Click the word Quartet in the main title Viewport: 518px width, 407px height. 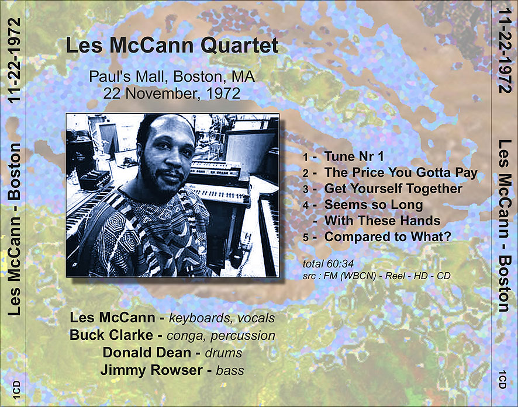(240, 46)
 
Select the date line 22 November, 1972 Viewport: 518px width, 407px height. (172, 93)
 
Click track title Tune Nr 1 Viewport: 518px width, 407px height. (354, 156)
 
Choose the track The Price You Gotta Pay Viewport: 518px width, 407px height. (401, 172)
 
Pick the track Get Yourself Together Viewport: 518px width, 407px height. (393, 189)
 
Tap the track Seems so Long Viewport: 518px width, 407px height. (374, 205)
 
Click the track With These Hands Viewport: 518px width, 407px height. (382, 221)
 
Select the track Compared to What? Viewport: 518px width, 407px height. (388, 237)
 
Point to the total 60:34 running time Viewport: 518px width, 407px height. (328, 263)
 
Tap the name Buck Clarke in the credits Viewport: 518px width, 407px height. (111, 335)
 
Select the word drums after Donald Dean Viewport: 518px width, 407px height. (224, 353)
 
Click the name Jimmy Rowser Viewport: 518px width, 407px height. (151, 370)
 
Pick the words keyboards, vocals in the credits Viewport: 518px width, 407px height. (222, 318)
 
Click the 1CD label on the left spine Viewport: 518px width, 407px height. (16, 389)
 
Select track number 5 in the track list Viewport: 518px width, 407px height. (306, 238)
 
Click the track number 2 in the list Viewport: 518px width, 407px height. (306, 173)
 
